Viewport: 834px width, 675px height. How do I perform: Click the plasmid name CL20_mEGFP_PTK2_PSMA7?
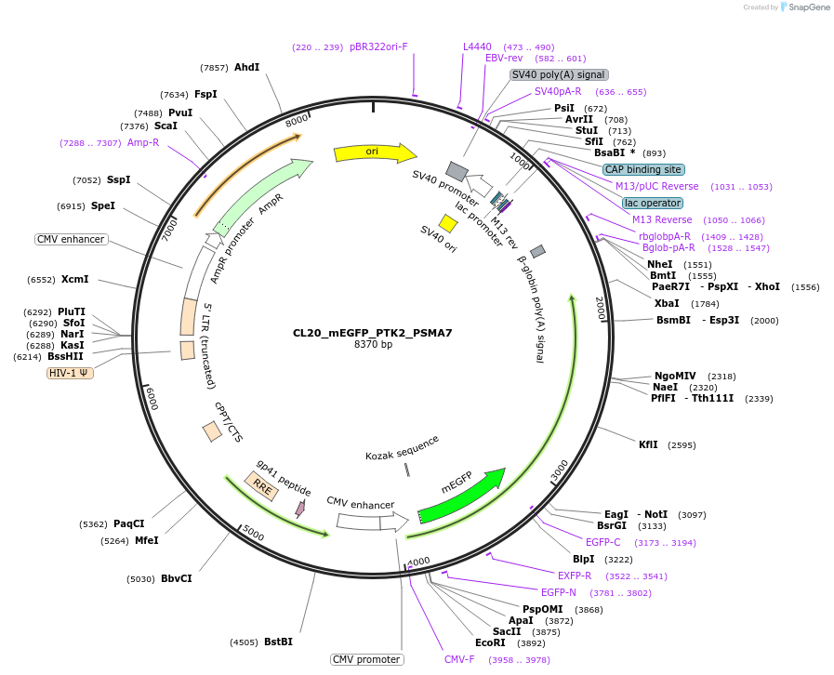tap(372, 332)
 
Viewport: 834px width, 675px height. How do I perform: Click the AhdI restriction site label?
tap(246, 67)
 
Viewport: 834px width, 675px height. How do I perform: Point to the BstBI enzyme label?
tap(278, 642)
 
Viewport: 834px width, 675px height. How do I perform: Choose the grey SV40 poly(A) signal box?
tap(559, 74)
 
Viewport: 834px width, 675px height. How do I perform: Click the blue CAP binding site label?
tap(643, 169)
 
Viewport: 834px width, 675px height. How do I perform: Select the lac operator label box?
tap(652, 203)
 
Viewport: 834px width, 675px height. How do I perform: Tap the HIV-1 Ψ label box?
tap(70, 373)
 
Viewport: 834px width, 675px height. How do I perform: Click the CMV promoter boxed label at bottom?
tap(366, 659)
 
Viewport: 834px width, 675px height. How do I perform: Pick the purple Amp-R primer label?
tap(143, 142)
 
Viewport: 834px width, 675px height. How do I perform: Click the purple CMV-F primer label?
tap(459, 659)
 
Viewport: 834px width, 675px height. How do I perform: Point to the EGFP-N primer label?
tap(559, 592)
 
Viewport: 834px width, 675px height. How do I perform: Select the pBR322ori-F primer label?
tap(378, 46)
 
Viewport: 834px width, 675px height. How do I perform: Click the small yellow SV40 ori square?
tap(448, 223)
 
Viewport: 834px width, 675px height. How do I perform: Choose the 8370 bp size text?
tap(373, 345)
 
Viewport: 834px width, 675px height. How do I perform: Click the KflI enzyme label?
tap(648, 444)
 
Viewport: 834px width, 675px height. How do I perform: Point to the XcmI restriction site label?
tap(74, 279)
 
